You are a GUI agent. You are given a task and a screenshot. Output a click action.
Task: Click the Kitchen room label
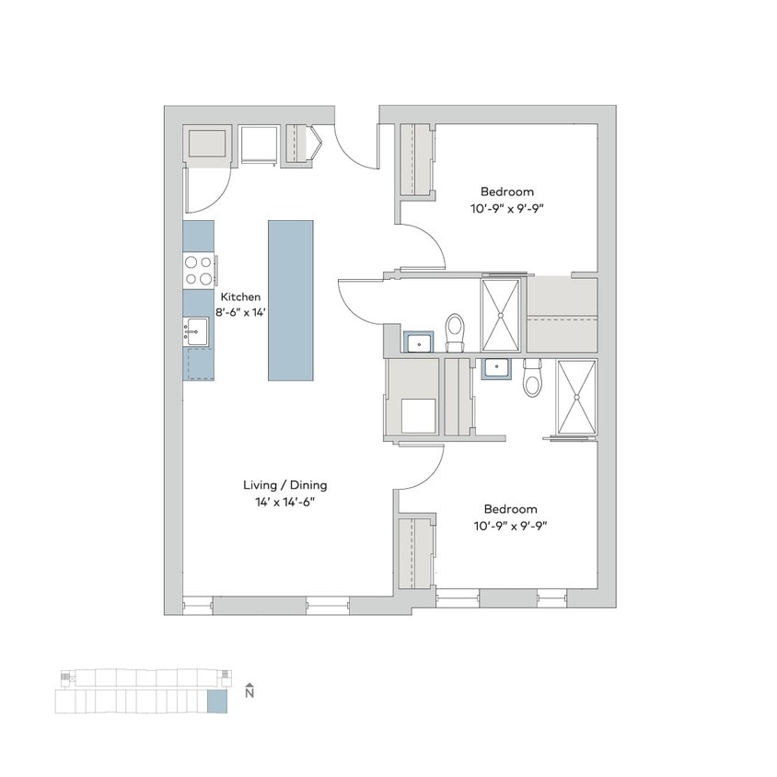(x=239, y=297)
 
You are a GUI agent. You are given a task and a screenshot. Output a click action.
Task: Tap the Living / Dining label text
(x=284, y=485)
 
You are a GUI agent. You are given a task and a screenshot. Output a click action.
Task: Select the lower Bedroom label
(x=510, y=509)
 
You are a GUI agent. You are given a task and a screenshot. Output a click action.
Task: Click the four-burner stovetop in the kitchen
(x=198, y=270)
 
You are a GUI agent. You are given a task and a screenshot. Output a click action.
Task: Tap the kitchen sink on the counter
(x=197, y=331)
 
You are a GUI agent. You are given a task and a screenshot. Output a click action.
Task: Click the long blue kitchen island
(x=291, y=299)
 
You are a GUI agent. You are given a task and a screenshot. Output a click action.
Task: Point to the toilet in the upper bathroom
(x=456, y=331)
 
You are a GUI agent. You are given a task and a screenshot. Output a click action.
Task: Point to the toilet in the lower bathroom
(x=533, y=378)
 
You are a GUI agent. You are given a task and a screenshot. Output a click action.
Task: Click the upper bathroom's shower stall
(x=501, y=315)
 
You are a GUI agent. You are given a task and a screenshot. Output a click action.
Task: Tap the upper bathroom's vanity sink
(x=421, y=342)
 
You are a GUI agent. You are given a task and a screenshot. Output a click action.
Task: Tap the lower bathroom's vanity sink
(x=497, y=368)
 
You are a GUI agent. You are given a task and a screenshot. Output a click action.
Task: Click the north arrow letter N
(x=249, y=695)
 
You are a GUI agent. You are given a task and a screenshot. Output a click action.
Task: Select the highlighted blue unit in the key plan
(x=216, y=702)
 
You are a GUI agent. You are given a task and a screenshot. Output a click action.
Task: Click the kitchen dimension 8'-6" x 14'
(x=239, y=312)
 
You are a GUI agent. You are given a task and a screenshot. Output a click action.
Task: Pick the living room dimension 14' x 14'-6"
(x=284, y=501)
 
